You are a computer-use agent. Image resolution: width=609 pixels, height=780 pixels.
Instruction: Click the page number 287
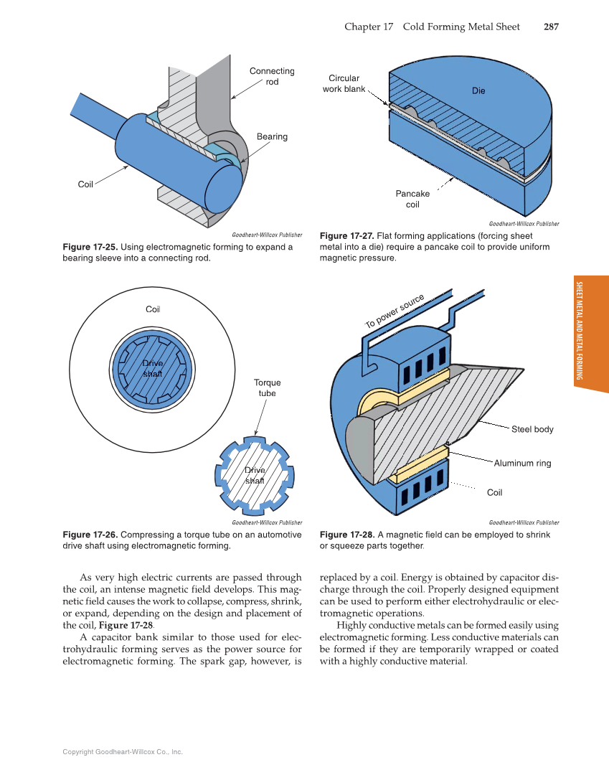tap(550, 27)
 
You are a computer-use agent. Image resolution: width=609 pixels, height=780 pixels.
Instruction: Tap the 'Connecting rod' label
tap(272, 76)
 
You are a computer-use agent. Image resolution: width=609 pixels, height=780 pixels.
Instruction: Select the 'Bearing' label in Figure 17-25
tap(272, 136)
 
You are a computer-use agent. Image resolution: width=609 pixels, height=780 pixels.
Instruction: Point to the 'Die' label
tap(478, 90)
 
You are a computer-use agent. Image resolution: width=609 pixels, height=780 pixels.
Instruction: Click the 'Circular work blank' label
tap(344, 83)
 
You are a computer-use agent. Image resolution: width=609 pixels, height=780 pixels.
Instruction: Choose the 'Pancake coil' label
tap(412, 199)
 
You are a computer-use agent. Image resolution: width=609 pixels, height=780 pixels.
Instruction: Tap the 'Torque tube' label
tap(268, 387)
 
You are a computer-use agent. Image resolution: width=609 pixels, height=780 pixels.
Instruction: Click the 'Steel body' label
tap(532, 429)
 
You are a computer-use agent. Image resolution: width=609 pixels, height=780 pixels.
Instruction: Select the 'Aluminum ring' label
tap(522, 463)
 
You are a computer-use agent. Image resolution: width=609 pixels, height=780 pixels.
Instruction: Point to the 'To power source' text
tap(395, 311)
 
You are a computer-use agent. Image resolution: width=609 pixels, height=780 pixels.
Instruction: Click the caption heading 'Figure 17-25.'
tap(91, 248)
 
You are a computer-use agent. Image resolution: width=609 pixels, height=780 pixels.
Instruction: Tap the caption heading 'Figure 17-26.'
tap(91, 535)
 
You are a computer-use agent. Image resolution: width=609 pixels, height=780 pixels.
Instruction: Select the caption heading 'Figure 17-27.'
tap(347, 236)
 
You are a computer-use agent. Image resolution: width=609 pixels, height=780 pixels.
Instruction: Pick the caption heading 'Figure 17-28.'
tap(347, 535)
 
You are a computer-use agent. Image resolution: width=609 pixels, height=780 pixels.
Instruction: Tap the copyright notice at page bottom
tap(123, 752)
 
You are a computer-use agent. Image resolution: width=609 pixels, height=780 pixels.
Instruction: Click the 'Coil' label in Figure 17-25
tap(85, 184)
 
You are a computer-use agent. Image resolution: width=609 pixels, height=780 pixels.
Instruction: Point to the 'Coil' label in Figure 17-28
tap(495, 492)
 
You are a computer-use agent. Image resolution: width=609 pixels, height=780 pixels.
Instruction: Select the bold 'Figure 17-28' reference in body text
tap(126, 625)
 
